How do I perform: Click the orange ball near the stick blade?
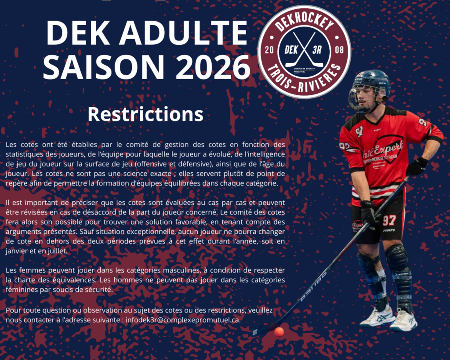(x=279, y=332)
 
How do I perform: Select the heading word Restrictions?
(x=145, y=114)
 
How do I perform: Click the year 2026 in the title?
(x=213, y=67)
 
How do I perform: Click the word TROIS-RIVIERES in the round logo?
(x=304, y=80)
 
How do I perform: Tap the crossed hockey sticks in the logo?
(x=304, y=49)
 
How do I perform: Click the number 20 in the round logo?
(x=269, y=50)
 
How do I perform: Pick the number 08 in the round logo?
(x=339, y=50)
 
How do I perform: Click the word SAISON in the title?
(x=104, y=67)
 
